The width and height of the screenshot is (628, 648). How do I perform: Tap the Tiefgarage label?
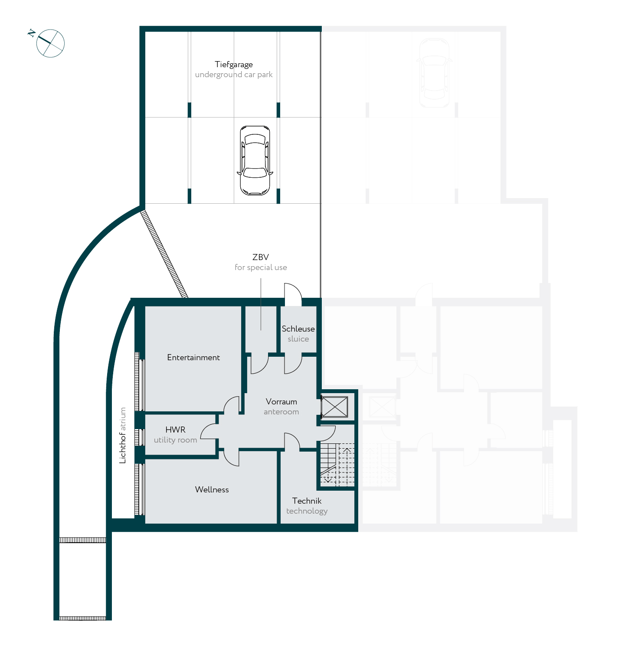click(234, 65)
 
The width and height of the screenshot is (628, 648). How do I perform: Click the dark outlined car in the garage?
click(255, 160)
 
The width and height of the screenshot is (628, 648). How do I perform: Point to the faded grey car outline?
click(434, 73)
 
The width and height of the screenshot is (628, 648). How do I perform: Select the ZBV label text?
click(261, 257)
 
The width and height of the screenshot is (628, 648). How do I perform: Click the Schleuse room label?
click(298, 329)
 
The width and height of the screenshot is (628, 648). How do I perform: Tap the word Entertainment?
click(193, 358)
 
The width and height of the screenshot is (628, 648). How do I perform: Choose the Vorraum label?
click(281, 402)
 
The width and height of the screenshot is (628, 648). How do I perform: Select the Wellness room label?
click(212, 490)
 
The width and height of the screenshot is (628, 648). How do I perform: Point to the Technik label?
click(307, 501)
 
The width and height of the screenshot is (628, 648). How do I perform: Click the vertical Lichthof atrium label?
click(123, 435)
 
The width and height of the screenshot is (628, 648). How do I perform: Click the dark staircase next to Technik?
click(337, 464)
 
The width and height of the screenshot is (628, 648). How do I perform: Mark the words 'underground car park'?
click(234, 75)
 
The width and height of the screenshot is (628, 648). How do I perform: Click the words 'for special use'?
click(261, 267)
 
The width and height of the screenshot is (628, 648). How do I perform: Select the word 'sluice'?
click(298, 339)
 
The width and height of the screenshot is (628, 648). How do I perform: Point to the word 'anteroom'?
click(281, 412)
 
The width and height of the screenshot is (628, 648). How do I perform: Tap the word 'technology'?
click(307, 511)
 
